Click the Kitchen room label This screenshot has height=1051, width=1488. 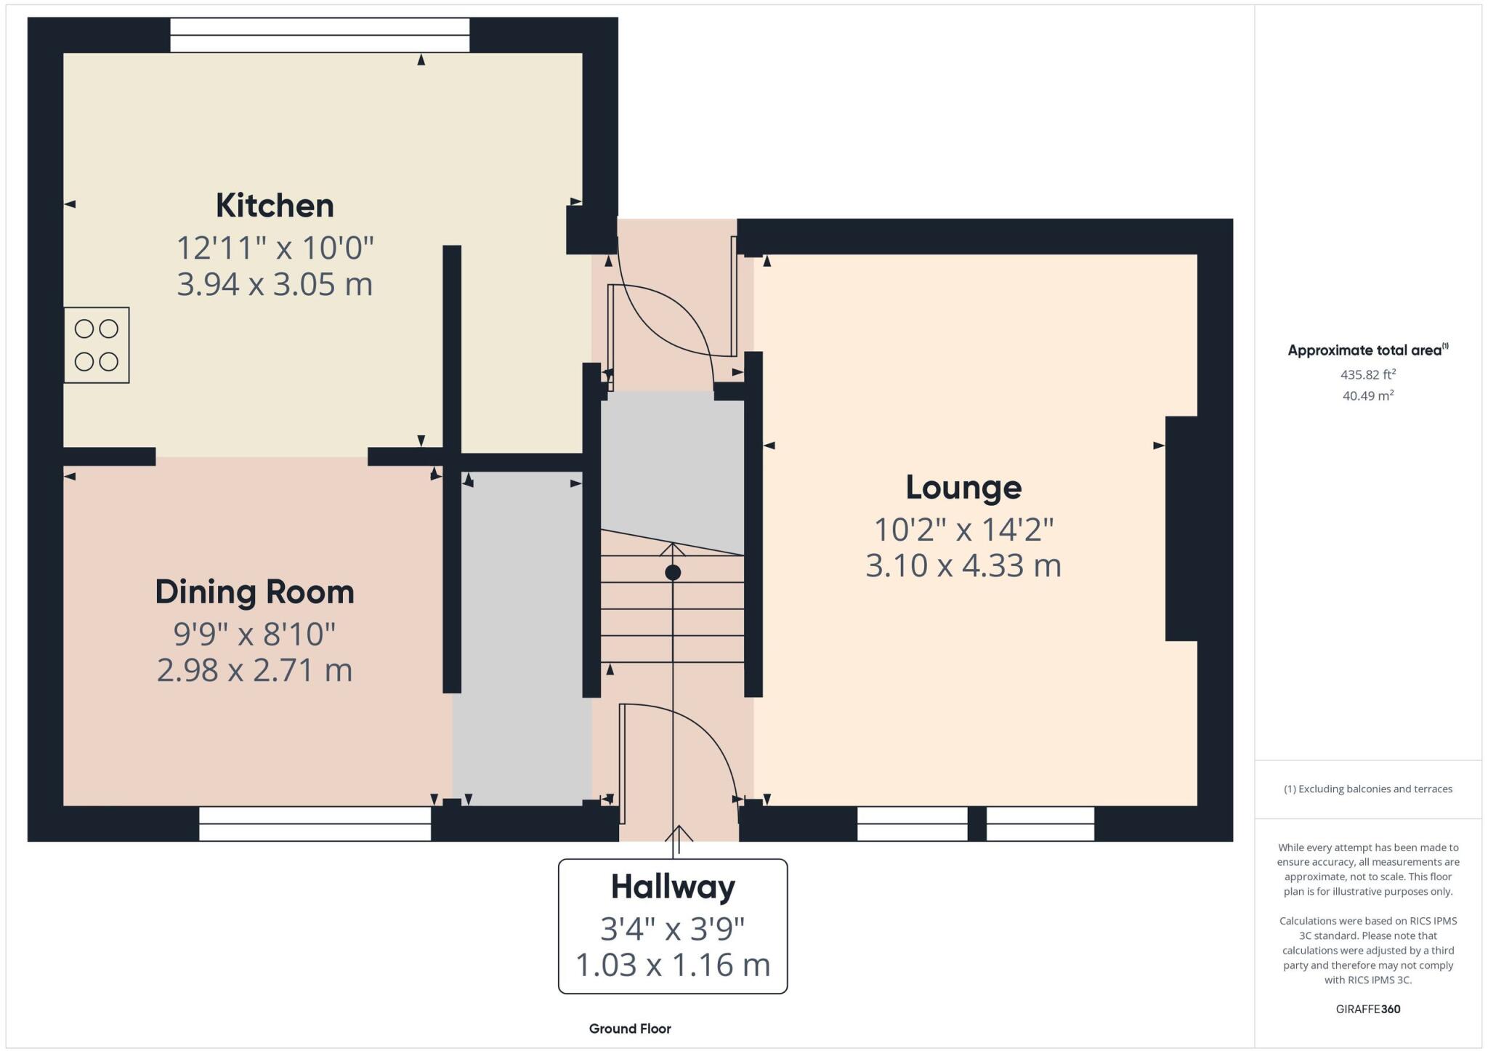[275, 206]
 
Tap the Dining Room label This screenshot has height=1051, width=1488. [254, 592]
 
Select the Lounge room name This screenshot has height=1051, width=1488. [963, 488]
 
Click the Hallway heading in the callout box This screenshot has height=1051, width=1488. [673, 887]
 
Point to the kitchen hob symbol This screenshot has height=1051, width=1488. [97, 345]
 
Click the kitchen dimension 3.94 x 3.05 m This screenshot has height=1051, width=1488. [275, 284]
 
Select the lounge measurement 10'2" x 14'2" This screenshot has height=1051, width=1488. [963, 531]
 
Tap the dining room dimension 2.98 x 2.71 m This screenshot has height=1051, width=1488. [254, 670]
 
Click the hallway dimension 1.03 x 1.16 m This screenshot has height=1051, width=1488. [673, 965]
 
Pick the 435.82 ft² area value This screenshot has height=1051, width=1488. [1368, 375]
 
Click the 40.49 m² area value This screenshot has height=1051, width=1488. [1368, 396]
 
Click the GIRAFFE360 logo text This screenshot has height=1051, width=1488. [1368, 1009]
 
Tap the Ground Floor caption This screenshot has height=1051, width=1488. [630, 1028]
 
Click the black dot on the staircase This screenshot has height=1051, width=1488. [673, 573]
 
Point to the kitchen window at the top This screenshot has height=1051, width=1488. [320, 35]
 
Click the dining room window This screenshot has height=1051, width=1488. [315, 824]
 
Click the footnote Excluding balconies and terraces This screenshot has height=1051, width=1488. [1368, 789]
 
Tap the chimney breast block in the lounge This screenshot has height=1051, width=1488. [1181, 528]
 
